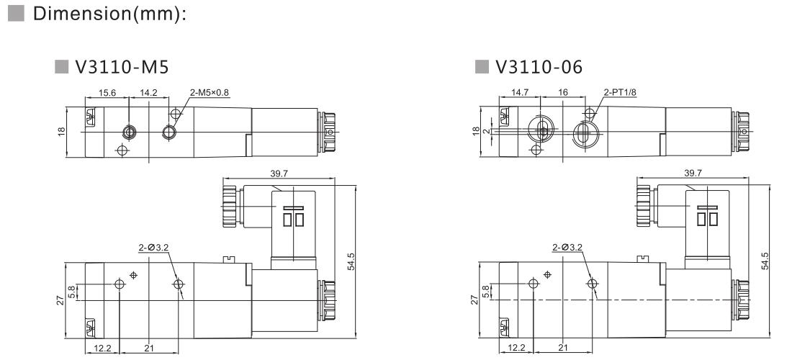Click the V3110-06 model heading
click(x=539, y=67)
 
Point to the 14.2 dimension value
click(x=150, y=93)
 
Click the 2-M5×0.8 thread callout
click(x=210, y=93)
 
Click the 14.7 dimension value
click(x=521, y=93)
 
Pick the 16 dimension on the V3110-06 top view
click(x=564, y=93)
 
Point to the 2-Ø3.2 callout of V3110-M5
click(x=153, y=247)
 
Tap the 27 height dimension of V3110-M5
click(x=61, y=300)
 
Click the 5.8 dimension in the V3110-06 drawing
click(x=485, y=291)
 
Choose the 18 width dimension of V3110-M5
click(x=61, y=131)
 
